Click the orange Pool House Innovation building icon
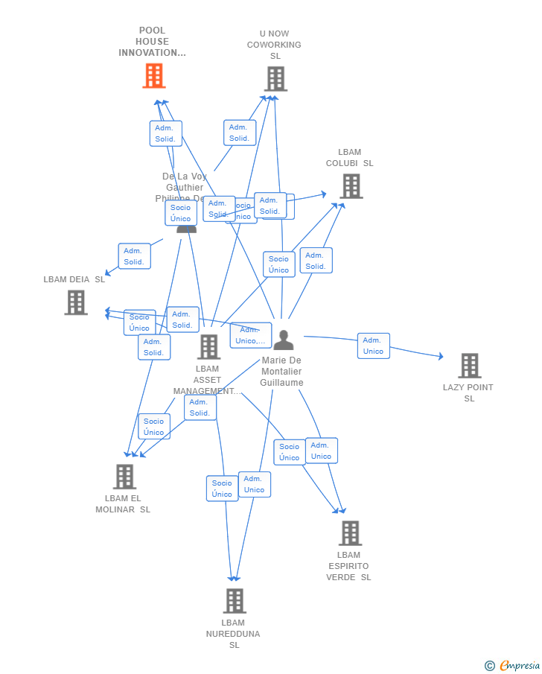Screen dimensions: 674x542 (154, 76)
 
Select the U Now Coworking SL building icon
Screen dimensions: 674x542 (275, 79)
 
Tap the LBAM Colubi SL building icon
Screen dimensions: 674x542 (351, 186)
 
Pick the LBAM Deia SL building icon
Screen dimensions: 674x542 (76, 302)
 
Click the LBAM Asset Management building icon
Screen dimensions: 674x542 (208, 346)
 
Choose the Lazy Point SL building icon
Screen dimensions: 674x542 (469, 366)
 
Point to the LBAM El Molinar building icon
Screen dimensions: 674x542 (124, 477)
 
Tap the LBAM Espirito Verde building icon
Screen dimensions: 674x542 (350, 533)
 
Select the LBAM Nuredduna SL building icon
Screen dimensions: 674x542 (235, 601)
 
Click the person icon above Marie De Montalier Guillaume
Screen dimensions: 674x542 (283, 340)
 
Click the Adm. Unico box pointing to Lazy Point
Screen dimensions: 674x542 (373, 346)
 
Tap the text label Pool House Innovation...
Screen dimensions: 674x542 (152, 42)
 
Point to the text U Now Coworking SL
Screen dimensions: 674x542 (274, 45)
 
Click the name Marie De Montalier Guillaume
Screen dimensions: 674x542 (281, 372)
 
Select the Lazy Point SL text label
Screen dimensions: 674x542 (468, 392)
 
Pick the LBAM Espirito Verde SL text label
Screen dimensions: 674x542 (348, 566)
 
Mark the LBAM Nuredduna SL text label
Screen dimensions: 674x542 (233, 634)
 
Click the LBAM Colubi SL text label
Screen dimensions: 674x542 (350, 158)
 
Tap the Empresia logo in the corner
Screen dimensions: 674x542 (519, 666)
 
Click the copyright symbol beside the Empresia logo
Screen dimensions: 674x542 (490, 666)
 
